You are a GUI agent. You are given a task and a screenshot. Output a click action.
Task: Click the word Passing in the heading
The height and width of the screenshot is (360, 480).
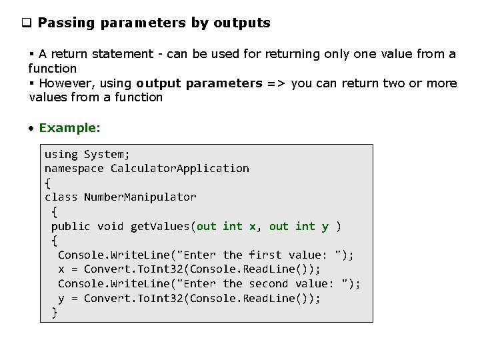coord(65,23)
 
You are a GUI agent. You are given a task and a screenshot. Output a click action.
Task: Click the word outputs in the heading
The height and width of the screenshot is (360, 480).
coord(241,23)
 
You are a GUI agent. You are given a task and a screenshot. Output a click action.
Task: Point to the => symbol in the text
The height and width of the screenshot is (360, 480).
coord(277,83)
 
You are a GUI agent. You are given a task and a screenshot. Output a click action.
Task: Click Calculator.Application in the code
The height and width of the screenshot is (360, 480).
coord(180,169)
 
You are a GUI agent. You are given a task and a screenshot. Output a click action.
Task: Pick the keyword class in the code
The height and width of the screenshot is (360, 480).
coord(61,197)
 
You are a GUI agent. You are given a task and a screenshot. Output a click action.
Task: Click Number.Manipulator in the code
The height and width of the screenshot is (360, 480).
coord(140,197)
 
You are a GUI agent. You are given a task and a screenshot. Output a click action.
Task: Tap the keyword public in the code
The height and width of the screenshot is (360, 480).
coord(71,227)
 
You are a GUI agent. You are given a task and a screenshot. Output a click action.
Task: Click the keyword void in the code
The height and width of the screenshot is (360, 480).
coord(110,227)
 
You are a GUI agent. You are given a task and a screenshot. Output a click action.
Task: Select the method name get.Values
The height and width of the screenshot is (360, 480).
coord(161,227)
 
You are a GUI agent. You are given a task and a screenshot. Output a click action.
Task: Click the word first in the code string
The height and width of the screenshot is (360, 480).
coord(265,255)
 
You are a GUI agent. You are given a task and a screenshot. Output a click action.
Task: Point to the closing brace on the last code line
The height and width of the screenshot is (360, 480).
coord(55,313)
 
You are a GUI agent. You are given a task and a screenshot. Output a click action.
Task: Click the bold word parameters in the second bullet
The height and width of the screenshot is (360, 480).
coord(224,83)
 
